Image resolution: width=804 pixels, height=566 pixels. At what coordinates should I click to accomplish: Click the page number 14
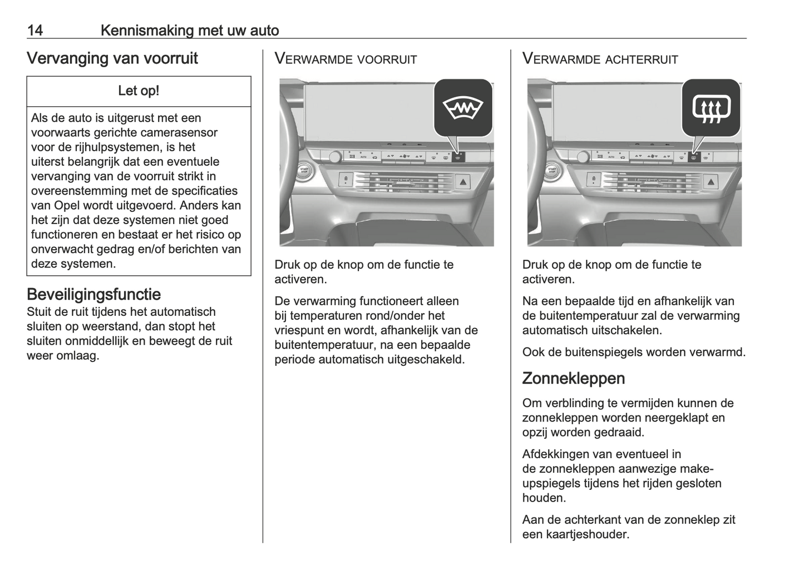[35, 30]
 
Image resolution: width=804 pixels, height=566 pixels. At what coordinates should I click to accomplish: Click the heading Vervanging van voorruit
[112, 58]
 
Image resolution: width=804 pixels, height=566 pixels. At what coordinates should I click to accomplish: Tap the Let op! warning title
[139, 91]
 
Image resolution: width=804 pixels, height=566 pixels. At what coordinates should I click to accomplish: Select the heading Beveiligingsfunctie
[93, 294]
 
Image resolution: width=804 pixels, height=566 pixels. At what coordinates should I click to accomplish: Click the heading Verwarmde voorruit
[346, 59]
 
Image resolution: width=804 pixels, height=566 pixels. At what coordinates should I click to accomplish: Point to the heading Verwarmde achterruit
[600, 59]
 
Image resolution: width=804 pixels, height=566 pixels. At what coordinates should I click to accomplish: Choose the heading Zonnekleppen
[573, 378]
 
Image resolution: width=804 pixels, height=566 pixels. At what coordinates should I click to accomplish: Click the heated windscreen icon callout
[463, 107]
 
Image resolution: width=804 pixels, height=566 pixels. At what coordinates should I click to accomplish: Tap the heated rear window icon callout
[711, 107]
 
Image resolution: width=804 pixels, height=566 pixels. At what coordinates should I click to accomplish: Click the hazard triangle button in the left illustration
[463, 181]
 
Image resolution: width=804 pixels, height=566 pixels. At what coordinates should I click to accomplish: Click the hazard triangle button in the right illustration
[711, 181]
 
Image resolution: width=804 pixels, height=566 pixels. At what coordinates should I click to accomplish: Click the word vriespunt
[297, 330]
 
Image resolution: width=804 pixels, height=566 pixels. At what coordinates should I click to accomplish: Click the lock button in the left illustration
[346, 180]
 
